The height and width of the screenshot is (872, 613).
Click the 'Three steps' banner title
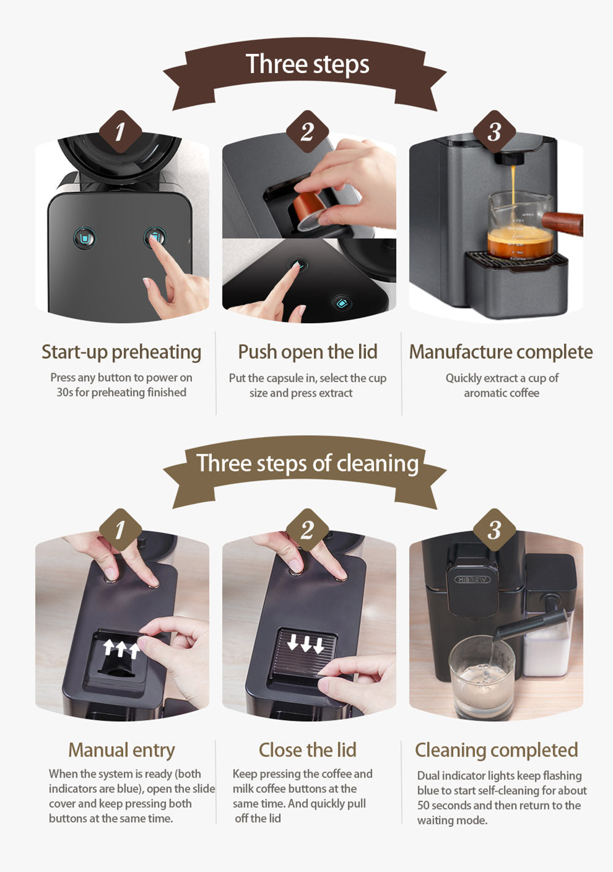click(307, 64)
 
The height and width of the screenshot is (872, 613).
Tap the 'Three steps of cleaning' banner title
click(307, 463)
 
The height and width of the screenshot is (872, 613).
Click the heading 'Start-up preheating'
click(121, 352)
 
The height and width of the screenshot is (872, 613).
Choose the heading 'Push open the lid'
click(307, 352)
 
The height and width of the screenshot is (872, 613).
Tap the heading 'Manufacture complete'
click(501, 352)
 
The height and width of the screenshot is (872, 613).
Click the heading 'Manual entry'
click(121, 750)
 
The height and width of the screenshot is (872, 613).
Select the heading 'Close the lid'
click(307, 750)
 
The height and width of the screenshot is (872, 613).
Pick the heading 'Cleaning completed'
click(497, 750)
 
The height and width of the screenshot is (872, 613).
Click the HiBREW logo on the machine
click(472, 579)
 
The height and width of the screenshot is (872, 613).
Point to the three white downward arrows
click(305, 644)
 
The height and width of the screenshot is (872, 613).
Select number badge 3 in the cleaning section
click(494, 530)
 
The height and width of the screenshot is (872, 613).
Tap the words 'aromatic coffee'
click(501, 393)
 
